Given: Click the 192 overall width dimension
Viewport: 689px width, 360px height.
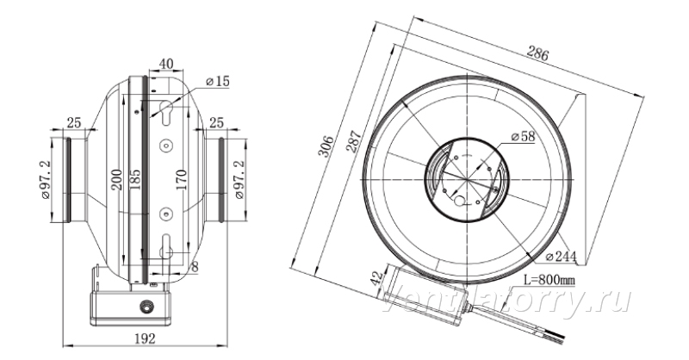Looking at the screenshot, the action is pyautogui.click(x=145, y=338).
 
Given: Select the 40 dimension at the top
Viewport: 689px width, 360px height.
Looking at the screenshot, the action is pyautogui.click(x=165, y=65).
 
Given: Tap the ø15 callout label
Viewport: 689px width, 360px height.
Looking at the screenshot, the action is pyautogui.click(x=218, y=81).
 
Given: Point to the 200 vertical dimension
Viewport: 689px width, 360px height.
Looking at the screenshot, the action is pyautogui.click(x=116, y=179).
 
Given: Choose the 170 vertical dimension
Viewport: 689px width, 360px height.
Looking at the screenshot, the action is pyautogui.click(x=181, y=179).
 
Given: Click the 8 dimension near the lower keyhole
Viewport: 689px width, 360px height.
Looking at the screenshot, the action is pyautogui.click(x=196, y=266).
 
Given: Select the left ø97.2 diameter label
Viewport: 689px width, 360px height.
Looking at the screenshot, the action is pyautogui.click(x=46, y=180).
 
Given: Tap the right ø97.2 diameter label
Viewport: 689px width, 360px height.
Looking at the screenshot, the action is pyautogui.click(x=239, y=180).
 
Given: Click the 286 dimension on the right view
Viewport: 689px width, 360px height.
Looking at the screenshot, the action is pyautogui.click(x=537, y=53).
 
